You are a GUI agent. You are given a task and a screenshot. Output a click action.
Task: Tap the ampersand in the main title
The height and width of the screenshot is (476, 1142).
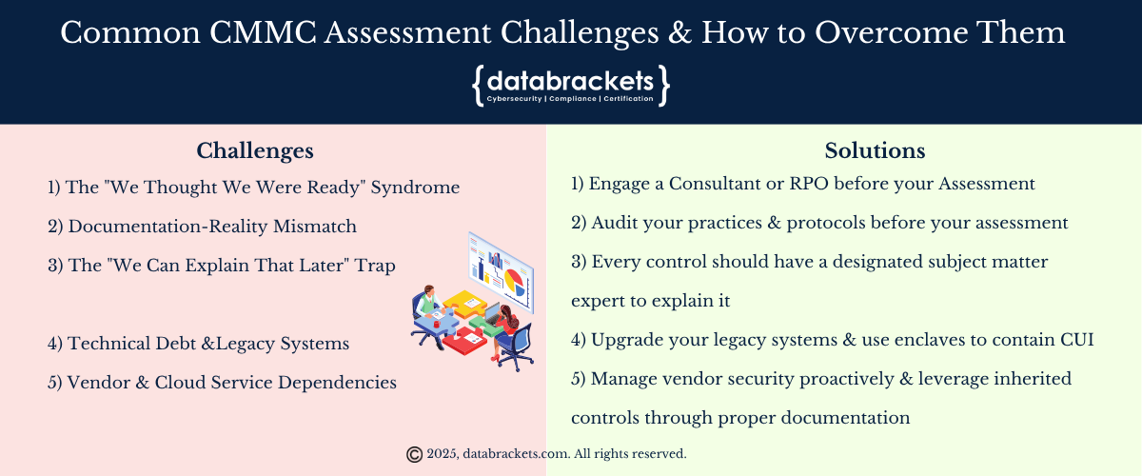pyautogui.click(x=680, y=32)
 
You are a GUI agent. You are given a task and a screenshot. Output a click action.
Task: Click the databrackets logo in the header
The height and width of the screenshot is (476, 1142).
pyautogui.click(x=570, y=86)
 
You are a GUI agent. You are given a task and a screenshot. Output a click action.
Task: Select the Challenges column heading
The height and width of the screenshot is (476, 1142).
pyautogui.click(x=255, y=151)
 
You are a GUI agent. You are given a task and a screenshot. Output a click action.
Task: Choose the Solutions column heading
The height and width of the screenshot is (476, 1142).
pyautogui.click(x=875, y=150)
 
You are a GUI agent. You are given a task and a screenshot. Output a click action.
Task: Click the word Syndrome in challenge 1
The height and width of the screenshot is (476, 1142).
pyautogui.click(x=415, y=188)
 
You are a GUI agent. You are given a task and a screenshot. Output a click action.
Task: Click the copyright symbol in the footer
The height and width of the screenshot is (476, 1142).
pyautogui.click(x=415, y=454)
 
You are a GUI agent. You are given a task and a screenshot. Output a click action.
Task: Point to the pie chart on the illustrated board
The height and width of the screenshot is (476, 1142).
pyautogui.click(x=514, y=282)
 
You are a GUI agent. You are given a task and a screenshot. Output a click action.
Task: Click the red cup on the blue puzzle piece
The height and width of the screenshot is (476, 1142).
pyautogui.click(x=437, y=324)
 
